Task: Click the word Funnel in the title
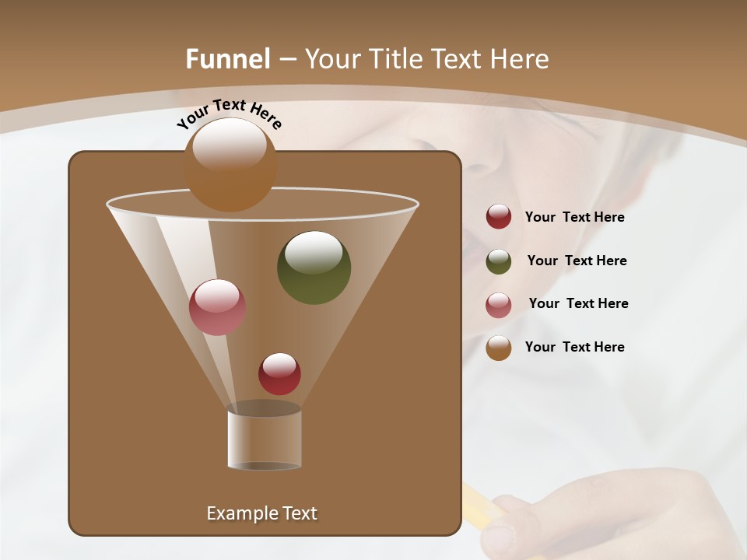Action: tap(228, 59)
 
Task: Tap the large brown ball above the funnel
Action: tap(230, 164)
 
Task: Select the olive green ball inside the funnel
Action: tap(314, 267)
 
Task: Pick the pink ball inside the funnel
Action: tap(217, 307)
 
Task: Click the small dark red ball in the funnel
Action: tap(279, 373)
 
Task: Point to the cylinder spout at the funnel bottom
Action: tap(264, 439)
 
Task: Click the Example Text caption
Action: tap(261, 513)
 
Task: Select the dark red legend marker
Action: tap(499, 217)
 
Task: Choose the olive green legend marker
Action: tap(499, 261)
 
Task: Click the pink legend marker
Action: tap(499, 305)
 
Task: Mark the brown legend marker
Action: tap(499, 348)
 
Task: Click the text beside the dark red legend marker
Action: tap(574, 218)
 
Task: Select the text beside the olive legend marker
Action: tap(577, 261)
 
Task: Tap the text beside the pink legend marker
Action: tap(578, 304)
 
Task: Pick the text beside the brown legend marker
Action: tap(574, 348)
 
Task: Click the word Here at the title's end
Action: tap(520, 59)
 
